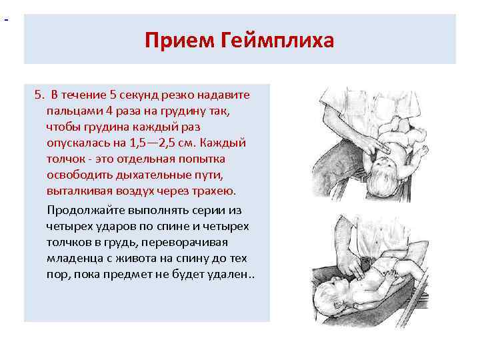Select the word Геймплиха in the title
pyautogui.click(x=276, y=41)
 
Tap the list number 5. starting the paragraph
pyautogui.click(x=39, y=95)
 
